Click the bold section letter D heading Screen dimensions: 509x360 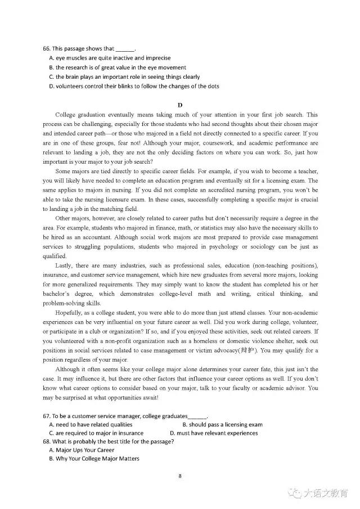click(180, 105)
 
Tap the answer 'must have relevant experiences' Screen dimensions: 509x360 click(217, 433)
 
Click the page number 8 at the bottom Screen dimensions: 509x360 click(180, 476)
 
